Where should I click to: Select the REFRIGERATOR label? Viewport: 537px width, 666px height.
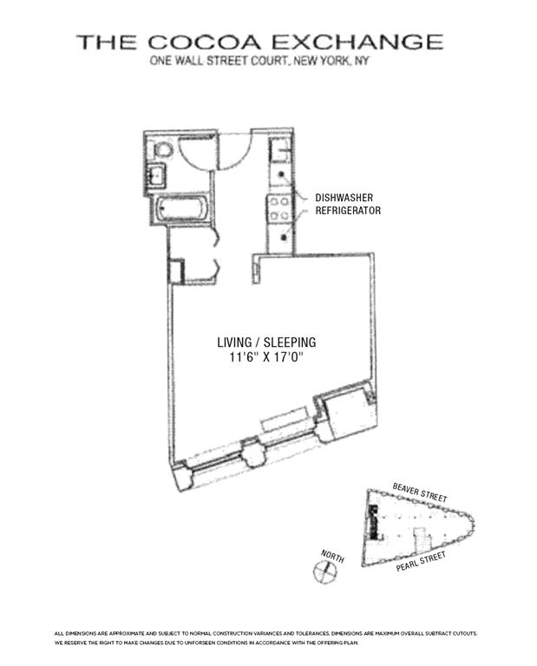tap(348, 211)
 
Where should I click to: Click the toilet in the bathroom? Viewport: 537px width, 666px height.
tap(160, 151)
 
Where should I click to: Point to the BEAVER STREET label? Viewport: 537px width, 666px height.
tap(420, 493)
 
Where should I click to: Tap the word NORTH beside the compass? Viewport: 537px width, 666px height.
tap(332, 555)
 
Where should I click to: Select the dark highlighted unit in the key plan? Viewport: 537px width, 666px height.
tap(374, 520)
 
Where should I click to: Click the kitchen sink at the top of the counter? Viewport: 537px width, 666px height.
tap(279, 153)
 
